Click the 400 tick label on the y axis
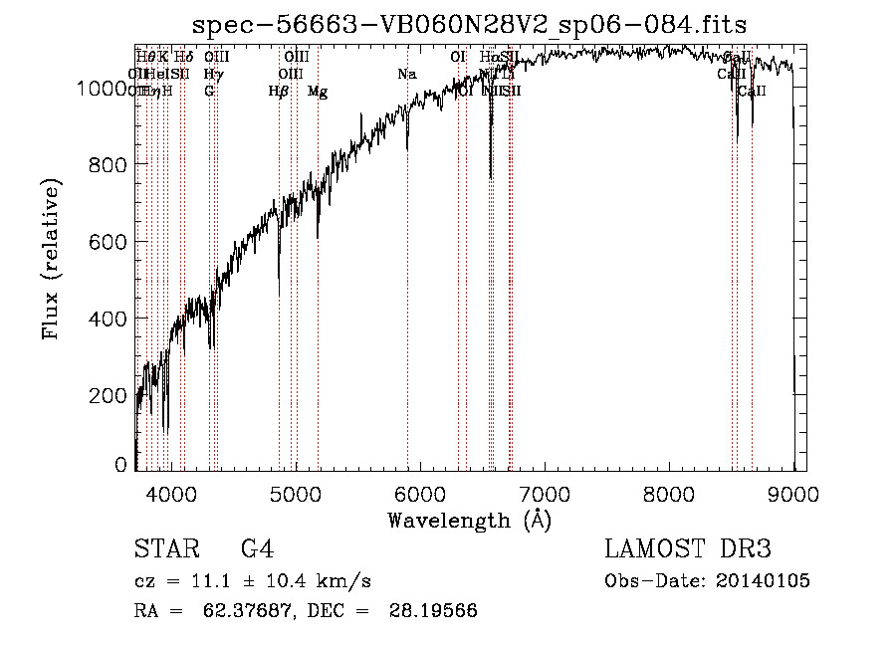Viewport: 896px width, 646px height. (110, 319)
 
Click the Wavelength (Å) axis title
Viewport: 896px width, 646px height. (469, 521)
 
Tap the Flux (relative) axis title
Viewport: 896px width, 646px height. (52, 258)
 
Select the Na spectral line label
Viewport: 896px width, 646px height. (406, 74)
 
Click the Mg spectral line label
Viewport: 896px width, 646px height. (318, 92)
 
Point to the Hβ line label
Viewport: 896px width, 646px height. (279, 92)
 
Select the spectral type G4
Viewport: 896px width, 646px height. (257, 550)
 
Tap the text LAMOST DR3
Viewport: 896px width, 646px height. (688, 550)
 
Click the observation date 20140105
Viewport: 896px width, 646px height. (767, 581)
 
